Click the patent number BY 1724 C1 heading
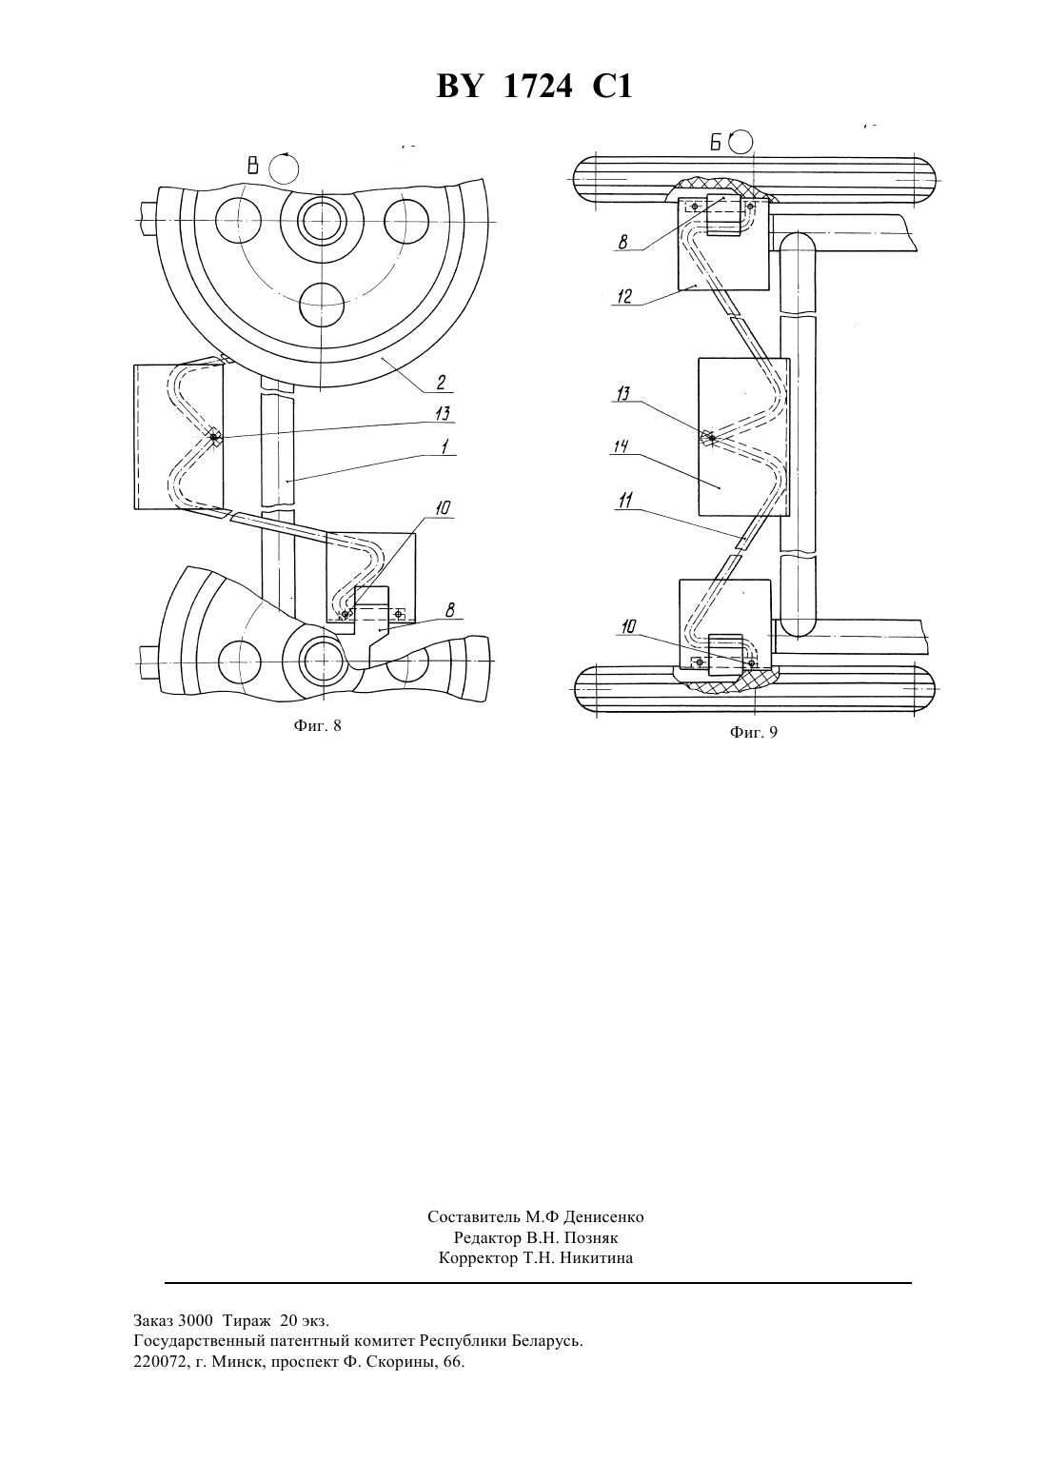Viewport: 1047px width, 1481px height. coord(534,87)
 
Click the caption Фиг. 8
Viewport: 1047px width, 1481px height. coord(317,726)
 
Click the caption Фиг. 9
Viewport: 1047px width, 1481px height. coord(754,733)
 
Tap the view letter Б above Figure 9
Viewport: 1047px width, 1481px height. coord(717,142)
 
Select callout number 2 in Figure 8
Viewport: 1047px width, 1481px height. coord(441,382)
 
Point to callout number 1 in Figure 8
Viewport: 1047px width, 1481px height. coord(444,446)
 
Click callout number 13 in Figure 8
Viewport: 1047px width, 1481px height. coord(443,414)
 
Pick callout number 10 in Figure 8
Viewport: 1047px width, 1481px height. coord(443,507)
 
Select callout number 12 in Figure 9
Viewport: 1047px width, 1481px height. coord(624,296)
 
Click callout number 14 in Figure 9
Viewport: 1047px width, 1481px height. coord(620,447)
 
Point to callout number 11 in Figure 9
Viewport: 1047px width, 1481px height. coord(624,502)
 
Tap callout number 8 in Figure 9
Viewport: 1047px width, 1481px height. coord(622,242)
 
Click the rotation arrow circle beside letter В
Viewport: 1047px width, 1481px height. coord(285,168)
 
